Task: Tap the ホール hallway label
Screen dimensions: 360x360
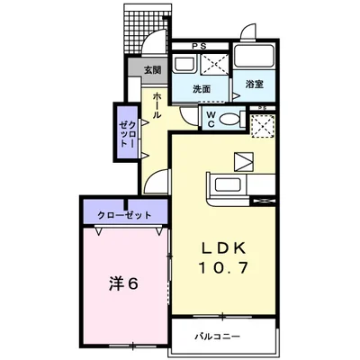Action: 157,105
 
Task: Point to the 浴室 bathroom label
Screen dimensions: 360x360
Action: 254,85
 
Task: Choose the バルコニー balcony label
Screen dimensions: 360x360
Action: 219,337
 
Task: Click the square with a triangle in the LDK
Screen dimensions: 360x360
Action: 245,162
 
